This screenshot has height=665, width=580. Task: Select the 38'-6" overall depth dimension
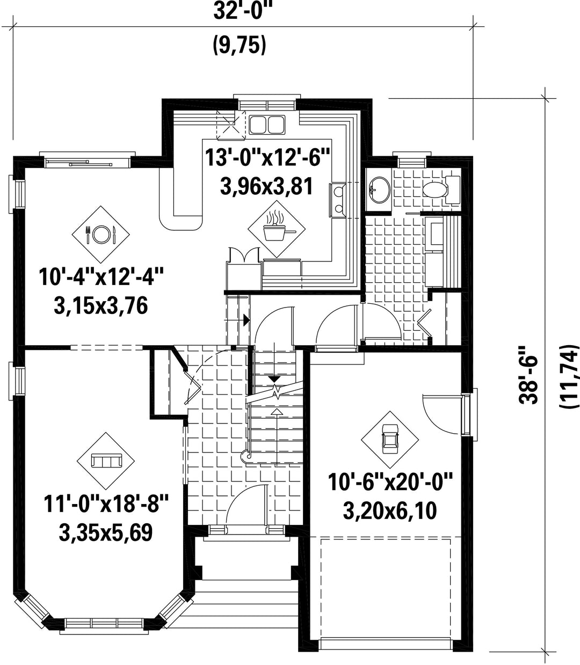pyautogui.click(x=528, y=376)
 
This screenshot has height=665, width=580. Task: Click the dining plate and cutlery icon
pyautogui.click(x=100, y=234)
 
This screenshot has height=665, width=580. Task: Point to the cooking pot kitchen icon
pyautogui.click(x=277, y=229)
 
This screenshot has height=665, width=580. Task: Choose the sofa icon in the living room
pyautogui.click(x=106, y=461)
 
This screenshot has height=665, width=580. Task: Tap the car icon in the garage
pyautogui.click(x=390, y=440)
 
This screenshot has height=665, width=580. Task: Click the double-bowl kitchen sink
pyautogui.click(x=267, y=124)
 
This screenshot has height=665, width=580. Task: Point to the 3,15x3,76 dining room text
pyautogui.click(x=101, y=306)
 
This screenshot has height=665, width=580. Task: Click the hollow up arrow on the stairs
pyautogui.click(x=277, y=412)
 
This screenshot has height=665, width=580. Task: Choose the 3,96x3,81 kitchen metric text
pyautogui.click(x=267, y=187)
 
